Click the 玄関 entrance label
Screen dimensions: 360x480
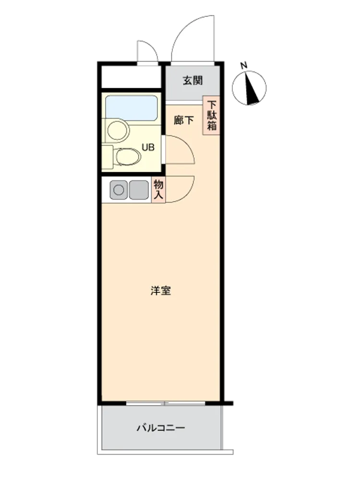(193, 81)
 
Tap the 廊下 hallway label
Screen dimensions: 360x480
(184, 120)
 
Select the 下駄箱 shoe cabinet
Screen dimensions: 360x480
(211, 116)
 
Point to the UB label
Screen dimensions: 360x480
(148, 147)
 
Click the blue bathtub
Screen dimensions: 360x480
(132, 108)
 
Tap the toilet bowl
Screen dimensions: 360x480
(129, 157)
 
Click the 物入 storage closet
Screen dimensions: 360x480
(158, 190)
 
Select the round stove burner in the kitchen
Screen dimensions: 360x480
(119, 190)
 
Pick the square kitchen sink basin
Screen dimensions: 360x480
(139, 190)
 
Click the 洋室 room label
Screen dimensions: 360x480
(161, 290)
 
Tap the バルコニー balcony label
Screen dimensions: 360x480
(161, 428)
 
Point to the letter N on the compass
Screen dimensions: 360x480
(244, 65)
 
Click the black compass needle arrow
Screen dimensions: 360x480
(252, 88)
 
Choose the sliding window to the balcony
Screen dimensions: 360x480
(165, 403)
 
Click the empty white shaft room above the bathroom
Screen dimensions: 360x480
(132, 76)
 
